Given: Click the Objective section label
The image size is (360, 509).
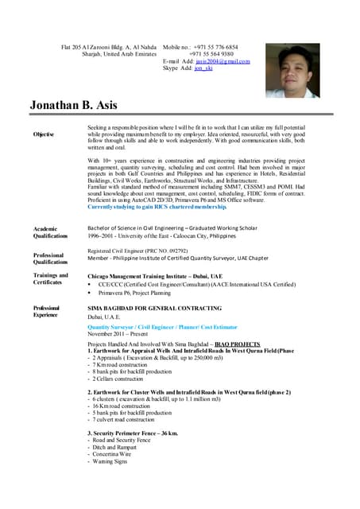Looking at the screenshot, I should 44,134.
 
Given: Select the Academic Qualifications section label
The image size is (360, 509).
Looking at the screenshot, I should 50,231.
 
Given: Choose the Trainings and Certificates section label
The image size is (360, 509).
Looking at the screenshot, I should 50,278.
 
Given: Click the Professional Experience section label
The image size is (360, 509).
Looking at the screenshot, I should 46,311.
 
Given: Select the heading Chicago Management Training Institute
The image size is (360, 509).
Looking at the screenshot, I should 149,275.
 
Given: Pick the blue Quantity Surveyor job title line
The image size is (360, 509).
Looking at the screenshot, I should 153,327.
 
